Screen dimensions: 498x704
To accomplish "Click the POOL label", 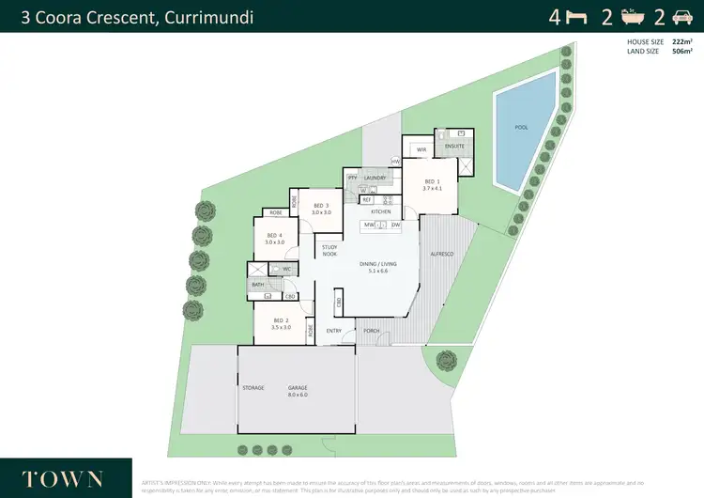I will (521, 127).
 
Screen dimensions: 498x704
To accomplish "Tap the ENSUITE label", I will (454, 147).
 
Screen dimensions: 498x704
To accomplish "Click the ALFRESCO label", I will (442, 255).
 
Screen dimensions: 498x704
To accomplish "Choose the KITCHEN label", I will (380, 211).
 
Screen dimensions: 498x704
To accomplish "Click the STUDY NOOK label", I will (329, 251).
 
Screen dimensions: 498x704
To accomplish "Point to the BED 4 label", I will (274, 236).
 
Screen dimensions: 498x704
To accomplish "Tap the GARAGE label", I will (298, 388).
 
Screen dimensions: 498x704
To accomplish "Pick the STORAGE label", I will (253, 388).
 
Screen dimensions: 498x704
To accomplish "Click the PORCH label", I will (372, 331).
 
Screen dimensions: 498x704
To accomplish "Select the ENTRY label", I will (334, 331).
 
